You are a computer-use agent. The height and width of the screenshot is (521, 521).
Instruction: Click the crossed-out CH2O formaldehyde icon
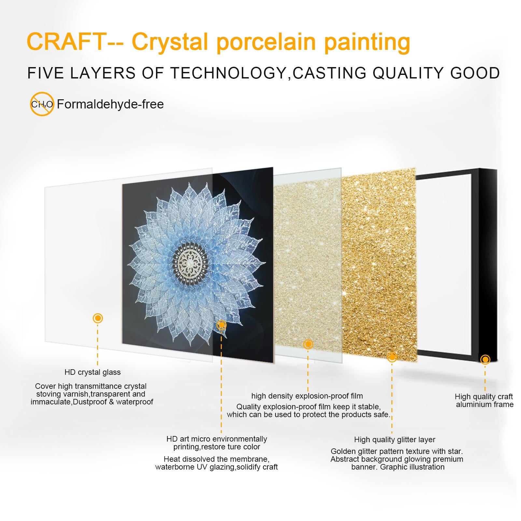click(42, 104)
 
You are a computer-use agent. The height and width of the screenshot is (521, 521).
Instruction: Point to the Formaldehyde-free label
click(110, 104)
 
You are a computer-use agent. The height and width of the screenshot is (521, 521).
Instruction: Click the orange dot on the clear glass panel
click(98, 318)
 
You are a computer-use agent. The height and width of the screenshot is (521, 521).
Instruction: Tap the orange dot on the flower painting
click(221, 325)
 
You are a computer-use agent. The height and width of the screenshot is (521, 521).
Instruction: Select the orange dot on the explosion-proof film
click(308, 344)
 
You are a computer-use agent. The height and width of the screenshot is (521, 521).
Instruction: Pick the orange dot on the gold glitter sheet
click(392, 357)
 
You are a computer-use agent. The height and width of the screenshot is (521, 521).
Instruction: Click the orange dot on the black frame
click(485, 359)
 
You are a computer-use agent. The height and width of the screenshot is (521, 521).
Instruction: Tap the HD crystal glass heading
click(92, 372)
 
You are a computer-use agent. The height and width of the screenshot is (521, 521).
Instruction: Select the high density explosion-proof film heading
click(307, 396)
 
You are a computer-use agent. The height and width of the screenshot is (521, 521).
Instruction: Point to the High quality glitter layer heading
click(395, 440)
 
